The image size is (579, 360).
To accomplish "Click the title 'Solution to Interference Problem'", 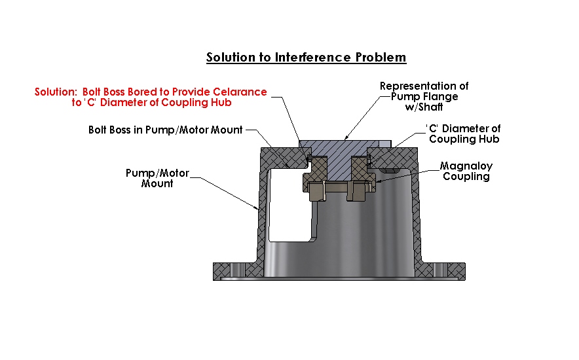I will [306, 57].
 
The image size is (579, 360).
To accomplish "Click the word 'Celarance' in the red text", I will [239, 92].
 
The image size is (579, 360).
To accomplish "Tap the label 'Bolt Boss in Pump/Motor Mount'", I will [165, 130].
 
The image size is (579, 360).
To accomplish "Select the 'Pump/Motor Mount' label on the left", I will [157, 178].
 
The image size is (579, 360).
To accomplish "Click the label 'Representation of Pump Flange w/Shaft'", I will [424, 96].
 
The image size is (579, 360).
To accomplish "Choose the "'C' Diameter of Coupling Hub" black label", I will [464, 134].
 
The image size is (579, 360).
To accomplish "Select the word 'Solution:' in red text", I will [57, 92].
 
